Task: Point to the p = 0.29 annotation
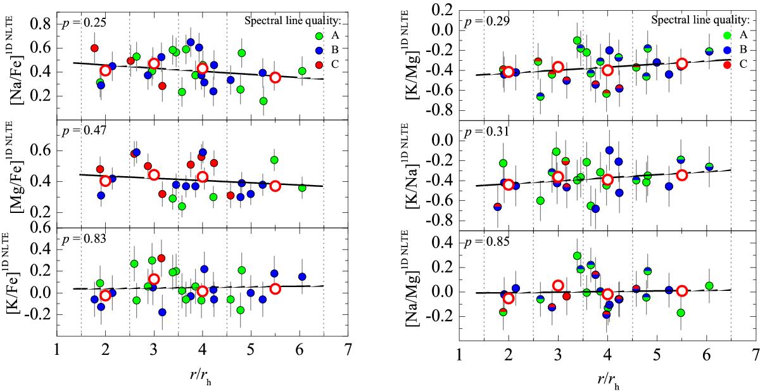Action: (x=484, y=22)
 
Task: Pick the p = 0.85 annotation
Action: (x=484, y=240)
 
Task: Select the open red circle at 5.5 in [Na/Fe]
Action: (x=275, y=77)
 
